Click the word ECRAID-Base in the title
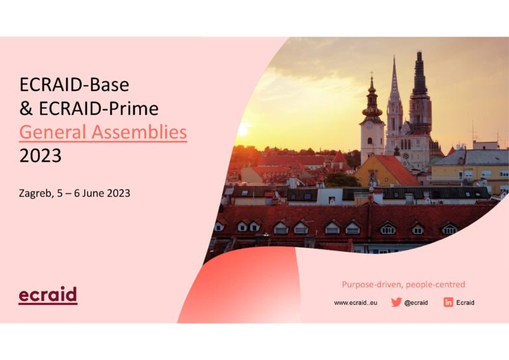point(74,85)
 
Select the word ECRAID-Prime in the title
point(99,109)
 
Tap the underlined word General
point(53,132)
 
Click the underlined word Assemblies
point(140,132)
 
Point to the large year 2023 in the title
point(40,156)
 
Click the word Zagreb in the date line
point(36,194)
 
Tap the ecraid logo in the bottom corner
point(48,296)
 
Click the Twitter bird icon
point(396,302)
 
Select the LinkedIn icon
point(448,302)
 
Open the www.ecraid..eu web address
point(356,302)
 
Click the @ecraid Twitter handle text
point(416,302)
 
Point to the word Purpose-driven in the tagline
point(372,284)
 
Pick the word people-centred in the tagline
point(435,284)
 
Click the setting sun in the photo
point(243,130)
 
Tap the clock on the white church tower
point(370,127)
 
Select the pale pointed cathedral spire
point(394,81)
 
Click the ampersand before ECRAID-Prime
point(26,109)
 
